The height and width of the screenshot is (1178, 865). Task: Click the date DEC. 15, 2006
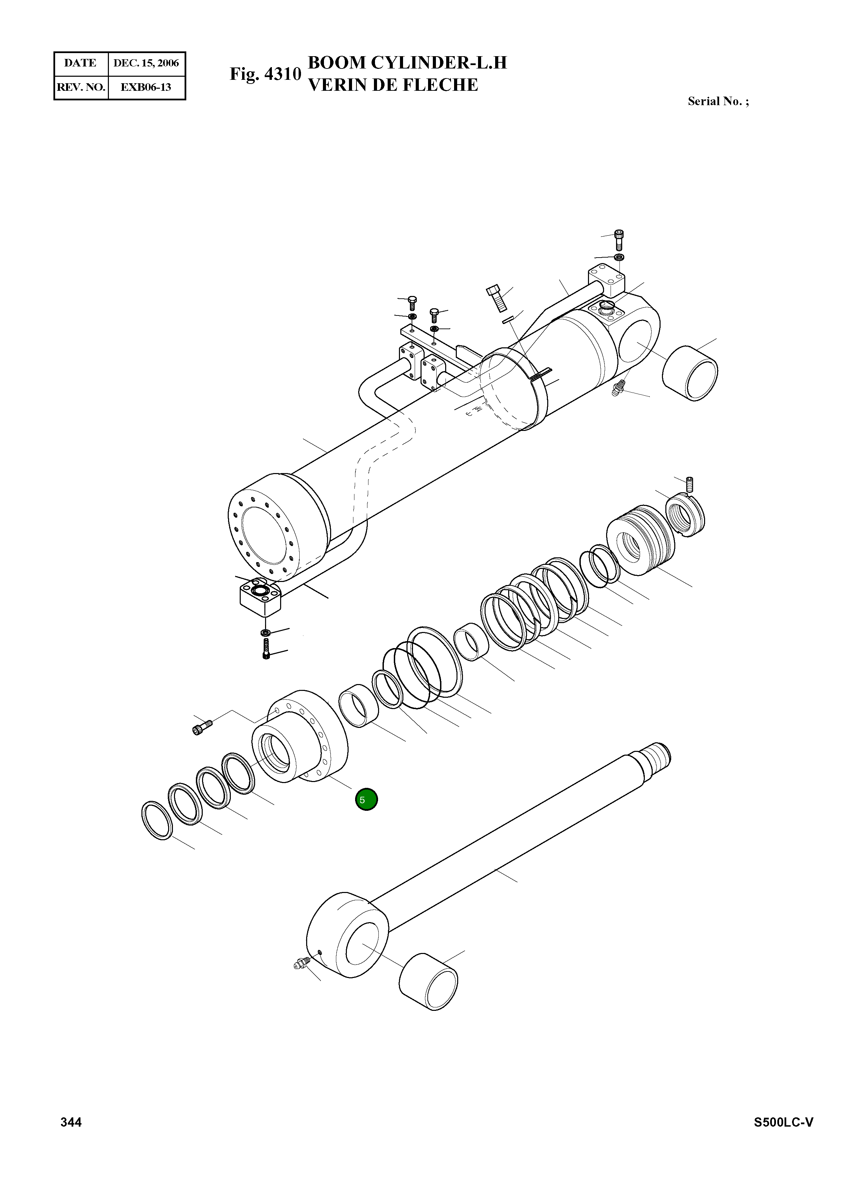point(146,63)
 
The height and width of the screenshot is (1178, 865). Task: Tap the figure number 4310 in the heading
point(283,74)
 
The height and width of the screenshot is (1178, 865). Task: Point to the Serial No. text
point(718,102)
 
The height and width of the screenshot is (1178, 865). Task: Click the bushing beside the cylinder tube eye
point(690,373)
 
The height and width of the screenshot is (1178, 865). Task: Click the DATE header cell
point(80,63)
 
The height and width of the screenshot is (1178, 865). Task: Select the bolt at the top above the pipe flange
point(619,239)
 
